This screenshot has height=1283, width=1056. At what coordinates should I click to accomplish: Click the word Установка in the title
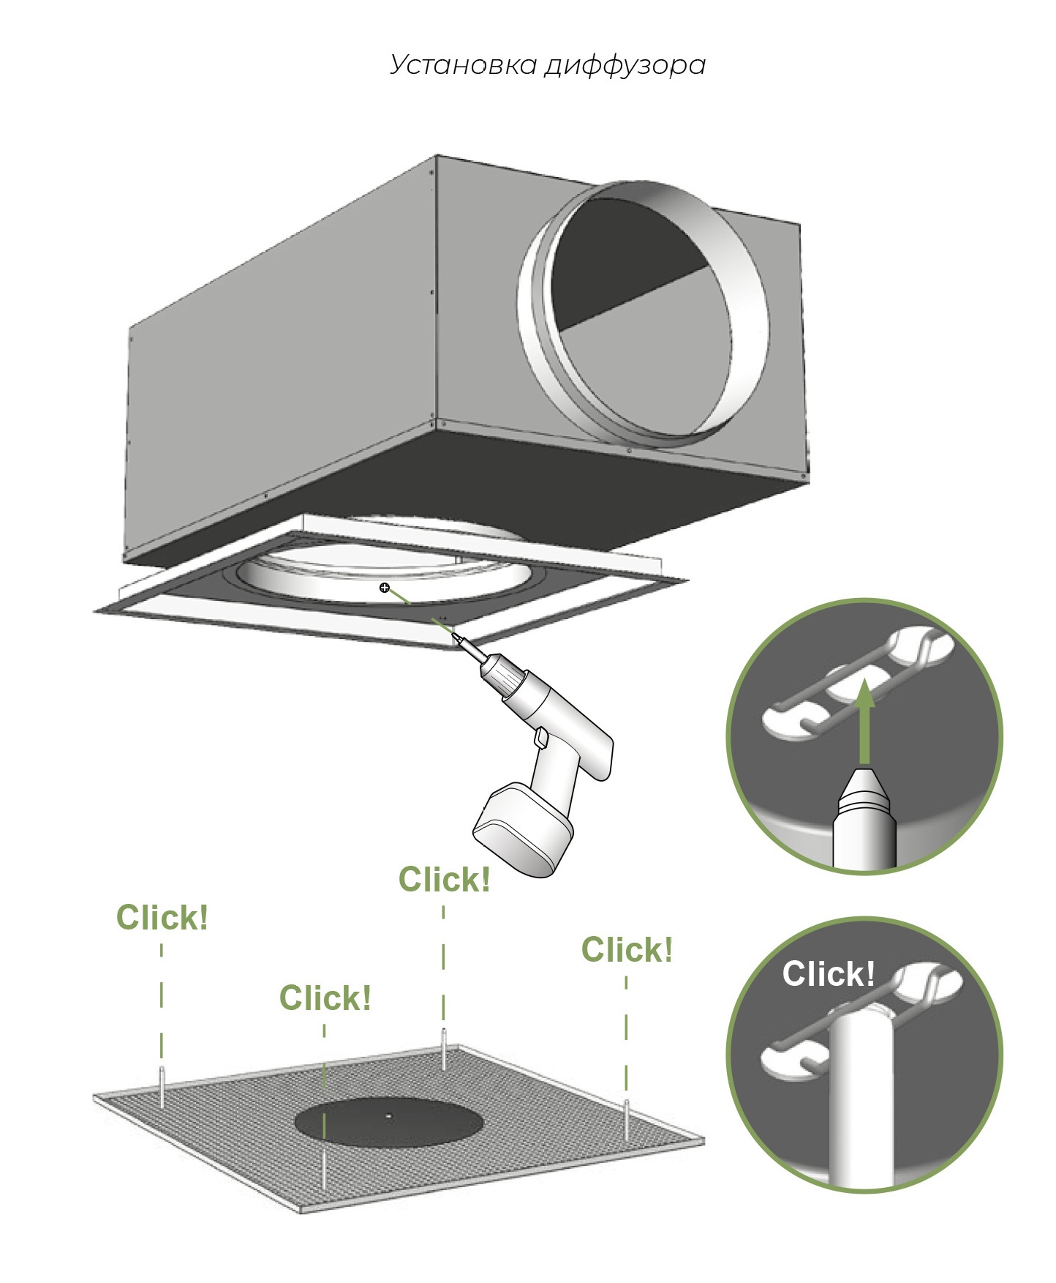coord(464,65)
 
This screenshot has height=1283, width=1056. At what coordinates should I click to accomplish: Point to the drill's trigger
coord(541,738)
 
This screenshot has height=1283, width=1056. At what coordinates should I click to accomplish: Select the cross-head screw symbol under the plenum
coord(385,588)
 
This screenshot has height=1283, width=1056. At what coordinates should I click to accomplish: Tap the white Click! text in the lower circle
coord(828,974)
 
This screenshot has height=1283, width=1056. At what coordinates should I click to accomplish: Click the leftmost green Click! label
coord(162,918)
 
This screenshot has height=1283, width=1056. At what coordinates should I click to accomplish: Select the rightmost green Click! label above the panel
coord(627,950)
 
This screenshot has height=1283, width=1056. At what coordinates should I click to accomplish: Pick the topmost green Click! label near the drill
coord(444,880)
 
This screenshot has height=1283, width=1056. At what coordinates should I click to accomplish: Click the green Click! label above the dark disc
coord(325,998)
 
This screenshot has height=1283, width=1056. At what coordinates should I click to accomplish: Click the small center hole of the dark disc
coord(389,1116)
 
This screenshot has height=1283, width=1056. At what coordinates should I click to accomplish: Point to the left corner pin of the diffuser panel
coord(162,1086)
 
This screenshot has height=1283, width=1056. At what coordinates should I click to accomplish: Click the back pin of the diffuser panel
coord(443,1048)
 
